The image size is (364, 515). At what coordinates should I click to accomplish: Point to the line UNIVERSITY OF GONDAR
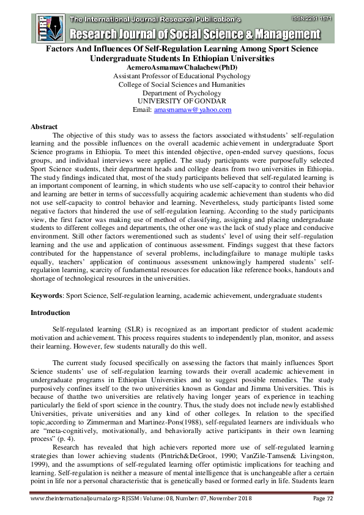click(x=181, y=102)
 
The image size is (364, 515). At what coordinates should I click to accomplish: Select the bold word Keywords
click(x=47, y=295)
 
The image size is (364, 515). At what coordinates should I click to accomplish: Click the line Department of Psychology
click(x=181, y=93)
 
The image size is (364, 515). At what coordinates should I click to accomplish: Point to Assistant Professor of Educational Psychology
click(x=181, y=76)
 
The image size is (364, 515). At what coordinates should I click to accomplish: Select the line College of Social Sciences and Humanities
click(x=181, y=85)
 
